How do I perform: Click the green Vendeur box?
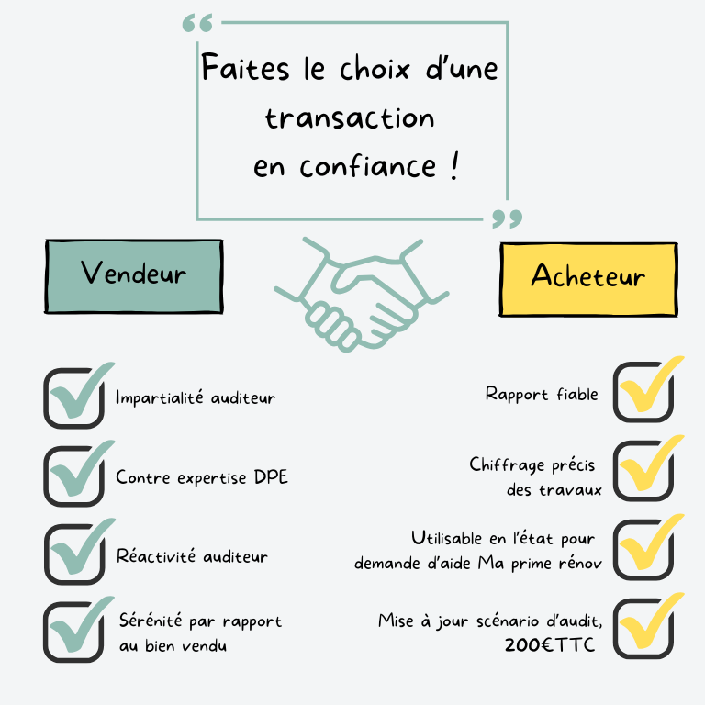(x=133, y=274)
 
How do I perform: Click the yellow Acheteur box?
(x=588, y=277)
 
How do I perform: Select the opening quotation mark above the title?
(x=196, y=23)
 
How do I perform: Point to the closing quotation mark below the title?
(x=507, y=218)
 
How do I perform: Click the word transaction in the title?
(x=350, y=119)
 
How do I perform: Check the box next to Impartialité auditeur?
(x=74, y=397)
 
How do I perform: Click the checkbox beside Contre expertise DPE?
(x=74, y=476)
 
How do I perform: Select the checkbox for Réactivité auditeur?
(x=74, y=555)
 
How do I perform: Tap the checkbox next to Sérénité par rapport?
(x=74, y=632)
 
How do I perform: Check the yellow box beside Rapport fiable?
(x=643, y=393)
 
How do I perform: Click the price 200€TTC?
(x=549, y=645)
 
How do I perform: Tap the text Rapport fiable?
(x=542, y=395)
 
